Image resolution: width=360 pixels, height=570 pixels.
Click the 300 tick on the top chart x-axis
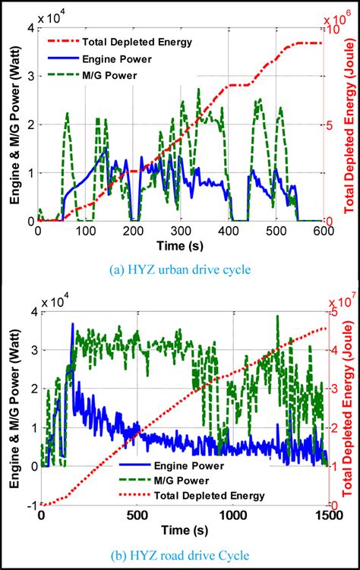[181, 231]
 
